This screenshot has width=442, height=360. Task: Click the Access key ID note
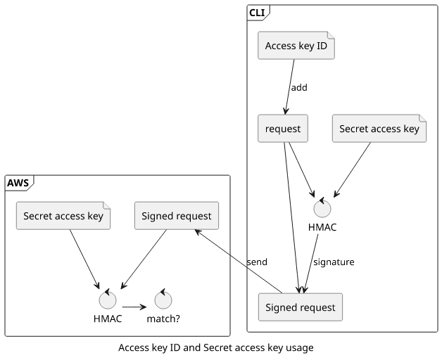[296, 46]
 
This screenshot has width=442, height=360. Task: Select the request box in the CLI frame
[283, 129]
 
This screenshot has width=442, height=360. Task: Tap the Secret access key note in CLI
[379, 129]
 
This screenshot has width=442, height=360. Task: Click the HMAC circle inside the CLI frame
[322, 208]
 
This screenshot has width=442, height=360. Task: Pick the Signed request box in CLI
[300, 307]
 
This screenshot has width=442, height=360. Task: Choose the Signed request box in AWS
[176, 216]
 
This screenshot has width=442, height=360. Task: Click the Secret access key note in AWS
[63, 216]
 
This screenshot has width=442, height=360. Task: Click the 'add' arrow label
[299, 88]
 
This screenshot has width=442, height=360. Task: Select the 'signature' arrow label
[334, 262]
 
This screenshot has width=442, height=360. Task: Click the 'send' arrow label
[257, 262]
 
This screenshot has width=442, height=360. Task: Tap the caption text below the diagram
[215, 348]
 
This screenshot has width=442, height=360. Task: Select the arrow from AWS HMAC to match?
[134, 307]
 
